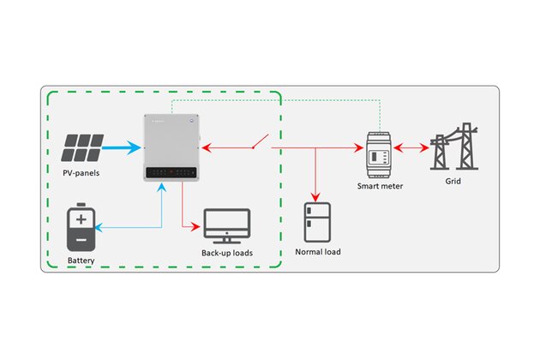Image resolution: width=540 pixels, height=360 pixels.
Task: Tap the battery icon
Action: click(81, 227)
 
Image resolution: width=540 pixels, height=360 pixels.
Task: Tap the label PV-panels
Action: click(81, 174)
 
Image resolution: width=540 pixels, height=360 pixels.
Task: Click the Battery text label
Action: click(81, 259)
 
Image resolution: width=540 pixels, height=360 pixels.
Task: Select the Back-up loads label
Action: click(227, 254)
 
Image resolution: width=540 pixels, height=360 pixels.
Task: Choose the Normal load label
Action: click(319, 252)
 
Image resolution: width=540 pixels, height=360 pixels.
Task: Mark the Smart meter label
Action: click(379, 186)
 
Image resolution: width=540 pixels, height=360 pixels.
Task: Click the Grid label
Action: click(453, 182)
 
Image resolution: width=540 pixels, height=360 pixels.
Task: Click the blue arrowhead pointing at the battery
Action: click(99, 227)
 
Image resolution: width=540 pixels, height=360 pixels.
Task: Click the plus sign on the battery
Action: click(81, 219)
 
